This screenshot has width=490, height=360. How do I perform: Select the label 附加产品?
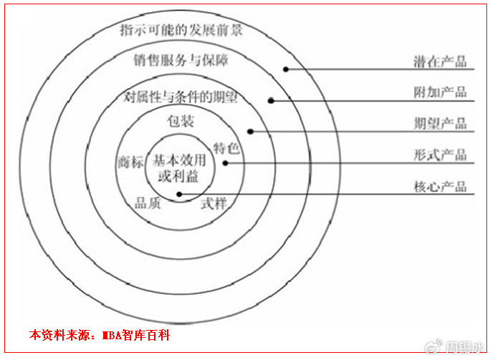[x=440, y=92]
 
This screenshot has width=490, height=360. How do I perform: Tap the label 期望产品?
[x=440, y=124]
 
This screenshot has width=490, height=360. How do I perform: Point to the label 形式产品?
[x=440, y=155]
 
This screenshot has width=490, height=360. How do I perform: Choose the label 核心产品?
[x=440, y=187]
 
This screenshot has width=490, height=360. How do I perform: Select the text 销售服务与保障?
[x=181, y=59]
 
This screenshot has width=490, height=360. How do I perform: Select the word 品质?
[x=148, y=203]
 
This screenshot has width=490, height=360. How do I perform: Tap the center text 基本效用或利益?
[x=179, y=167]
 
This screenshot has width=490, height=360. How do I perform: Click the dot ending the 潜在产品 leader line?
[x=285, y=69]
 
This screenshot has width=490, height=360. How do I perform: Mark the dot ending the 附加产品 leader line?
[x=271, y=100]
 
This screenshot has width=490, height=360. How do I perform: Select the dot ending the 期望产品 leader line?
[x=250, y=131]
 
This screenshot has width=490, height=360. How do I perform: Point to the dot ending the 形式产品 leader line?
[x=224, y=162]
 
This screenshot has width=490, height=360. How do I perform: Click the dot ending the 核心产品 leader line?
[x=179, y=194]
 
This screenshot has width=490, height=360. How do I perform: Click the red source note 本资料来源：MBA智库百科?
[x=100, y=335]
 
